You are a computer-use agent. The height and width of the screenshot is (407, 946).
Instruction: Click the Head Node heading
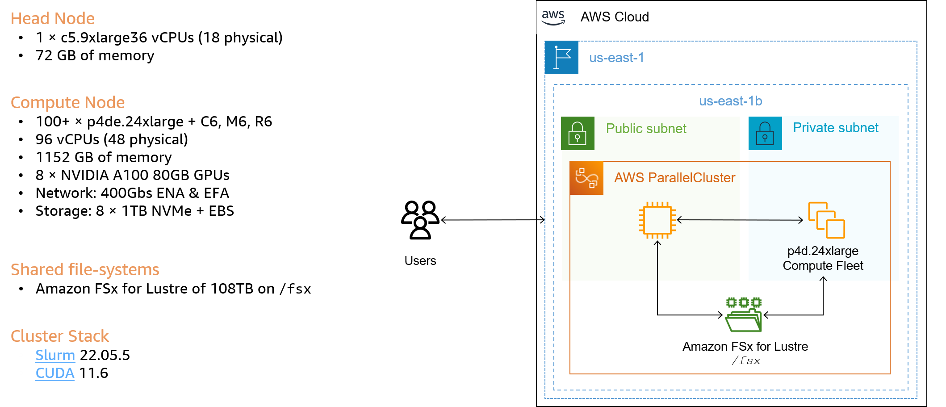point(52,19)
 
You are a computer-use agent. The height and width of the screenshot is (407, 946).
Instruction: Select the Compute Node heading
point(67,103)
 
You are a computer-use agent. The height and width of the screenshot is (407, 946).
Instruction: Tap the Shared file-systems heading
point(85,270)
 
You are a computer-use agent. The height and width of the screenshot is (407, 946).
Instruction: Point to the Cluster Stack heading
point(60,336)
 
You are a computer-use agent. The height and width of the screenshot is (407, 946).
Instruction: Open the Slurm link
point(55,355)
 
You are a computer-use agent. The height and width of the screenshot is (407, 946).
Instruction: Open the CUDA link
point(55,373)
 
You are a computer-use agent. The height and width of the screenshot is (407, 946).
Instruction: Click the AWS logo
point(553,18)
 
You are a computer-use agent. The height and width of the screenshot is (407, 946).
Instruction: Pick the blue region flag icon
point(561,58)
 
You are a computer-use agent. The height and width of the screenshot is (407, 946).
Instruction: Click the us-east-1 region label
point(616,58)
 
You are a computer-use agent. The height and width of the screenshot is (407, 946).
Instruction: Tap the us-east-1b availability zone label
point(730,101)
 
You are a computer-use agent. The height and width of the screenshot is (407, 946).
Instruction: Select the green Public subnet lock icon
point(578,133)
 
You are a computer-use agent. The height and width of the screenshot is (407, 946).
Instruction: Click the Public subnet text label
point(646,129)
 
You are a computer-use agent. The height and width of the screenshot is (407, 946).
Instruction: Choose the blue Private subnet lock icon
point(765,133)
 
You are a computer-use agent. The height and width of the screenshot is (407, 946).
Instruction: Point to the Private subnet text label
point(835,128)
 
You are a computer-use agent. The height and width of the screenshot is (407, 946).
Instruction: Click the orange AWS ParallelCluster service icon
point(586,178)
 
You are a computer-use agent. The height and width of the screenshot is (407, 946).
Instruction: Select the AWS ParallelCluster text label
point(674,178)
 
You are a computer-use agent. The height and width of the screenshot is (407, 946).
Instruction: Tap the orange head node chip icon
point(657,220)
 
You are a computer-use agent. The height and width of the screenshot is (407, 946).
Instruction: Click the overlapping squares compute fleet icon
point(826,220)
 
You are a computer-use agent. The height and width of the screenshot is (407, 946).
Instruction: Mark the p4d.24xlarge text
point(823,251)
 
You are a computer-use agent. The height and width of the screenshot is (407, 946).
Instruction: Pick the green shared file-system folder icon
point(744,315)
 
